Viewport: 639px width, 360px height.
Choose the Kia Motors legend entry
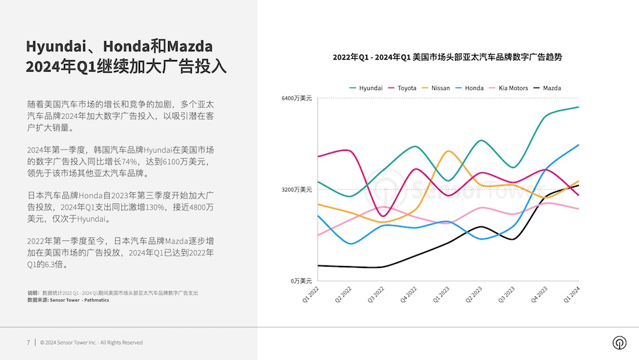tap(508, 88)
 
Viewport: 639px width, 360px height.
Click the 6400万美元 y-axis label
tap(297, 98)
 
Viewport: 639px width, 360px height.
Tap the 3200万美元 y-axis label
tap(297, 189)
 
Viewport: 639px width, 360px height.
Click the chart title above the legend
tap(447, 57)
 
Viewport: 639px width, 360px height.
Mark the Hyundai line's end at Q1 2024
tap(578, 107)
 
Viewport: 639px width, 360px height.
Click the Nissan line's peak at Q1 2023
tap(449, 152)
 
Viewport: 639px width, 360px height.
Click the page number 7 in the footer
tap(28, 342)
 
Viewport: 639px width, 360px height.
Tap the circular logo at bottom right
tap(619, 343)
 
